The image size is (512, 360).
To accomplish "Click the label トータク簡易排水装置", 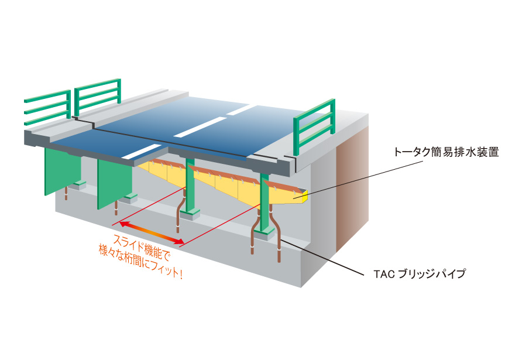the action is point(446,152).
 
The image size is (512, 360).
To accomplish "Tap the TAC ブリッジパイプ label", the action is point(420,274).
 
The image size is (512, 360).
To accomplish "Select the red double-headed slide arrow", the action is point(152,233).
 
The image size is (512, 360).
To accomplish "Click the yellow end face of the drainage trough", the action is point(305,197).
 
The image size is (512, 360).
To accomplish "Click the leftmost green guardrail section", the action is point(47,107).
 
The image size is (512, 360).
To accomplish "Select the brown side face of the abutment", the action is point(353,190).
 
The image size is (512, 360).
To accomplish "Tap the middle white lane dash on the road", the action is point(200,128).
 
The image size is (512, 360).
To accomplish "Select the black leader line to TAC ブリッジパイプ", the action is point(322,258).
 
